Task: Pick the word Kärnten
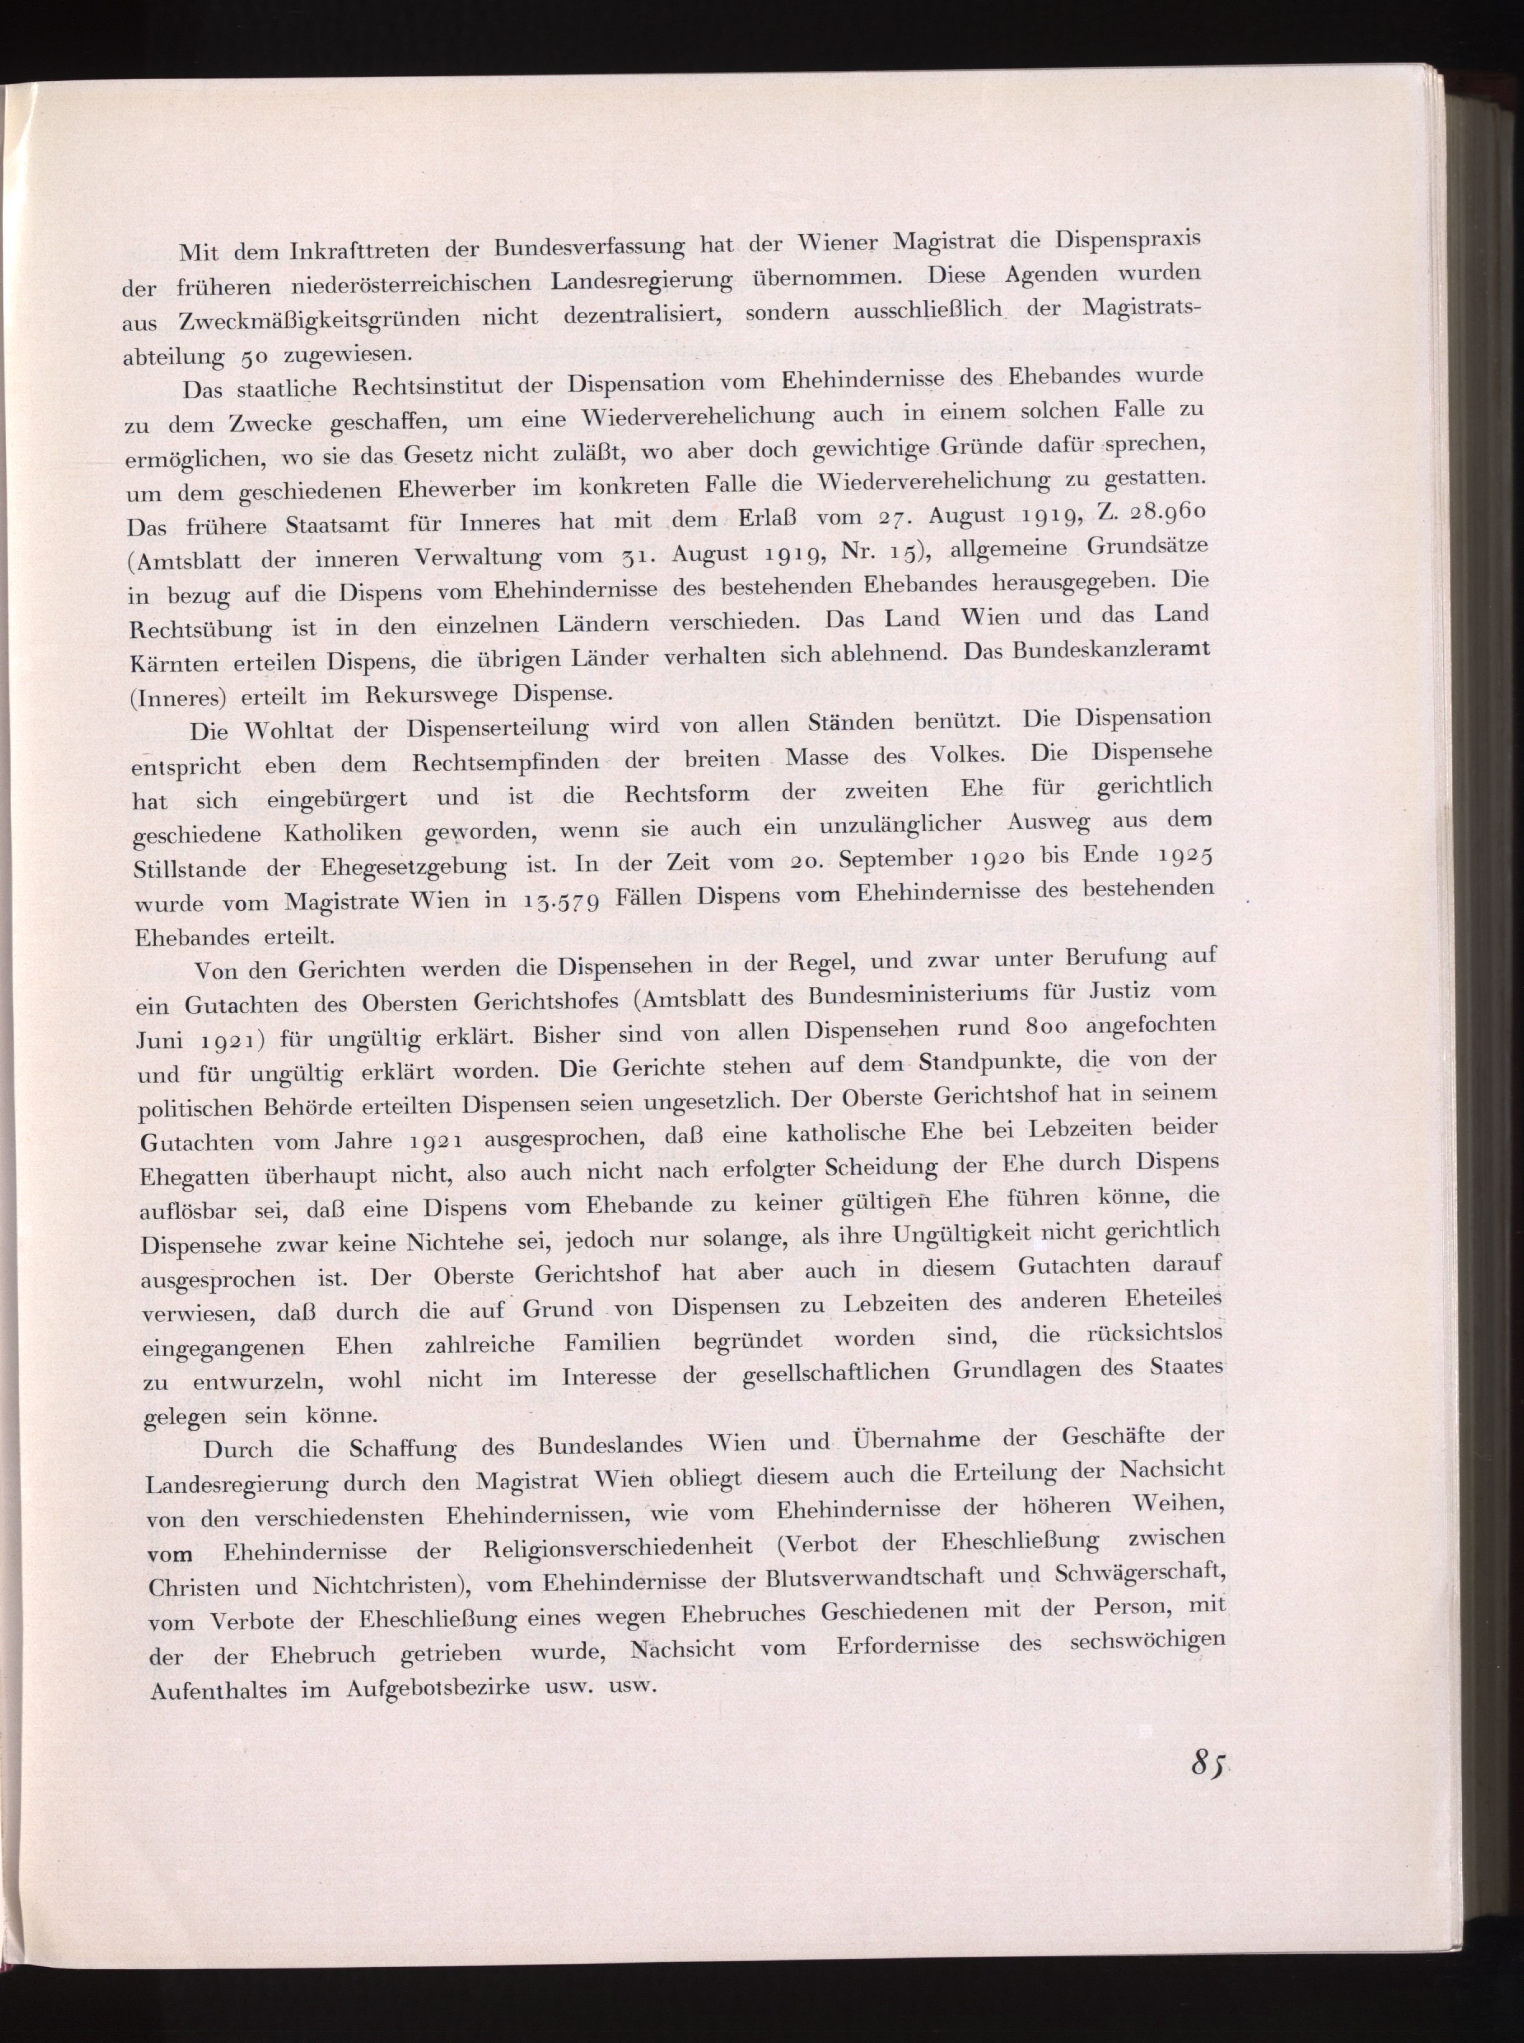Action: click(174, 664)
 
